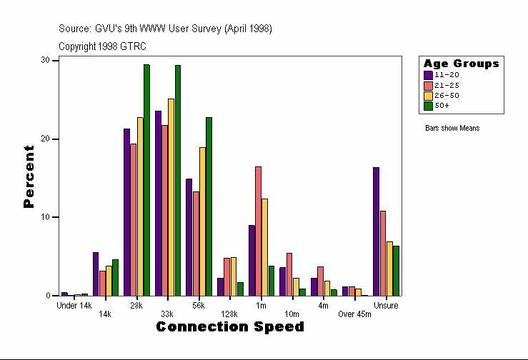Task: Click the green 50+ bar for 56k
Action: click(209, 206)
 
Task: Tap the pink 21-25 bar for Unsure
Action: click(383, 253)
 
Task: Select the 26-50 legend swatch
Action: click(428, 95)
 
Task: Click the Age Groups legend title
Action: click(461, 64)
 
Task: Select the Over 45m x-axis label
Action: click(355, 314)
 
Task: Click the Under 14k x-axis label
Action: click(74, 306)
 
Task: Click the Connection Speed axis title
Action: click(229, 327)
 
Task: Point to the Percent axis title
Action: click(29, 176)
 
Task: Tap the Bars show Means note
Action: click(452, 128)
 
